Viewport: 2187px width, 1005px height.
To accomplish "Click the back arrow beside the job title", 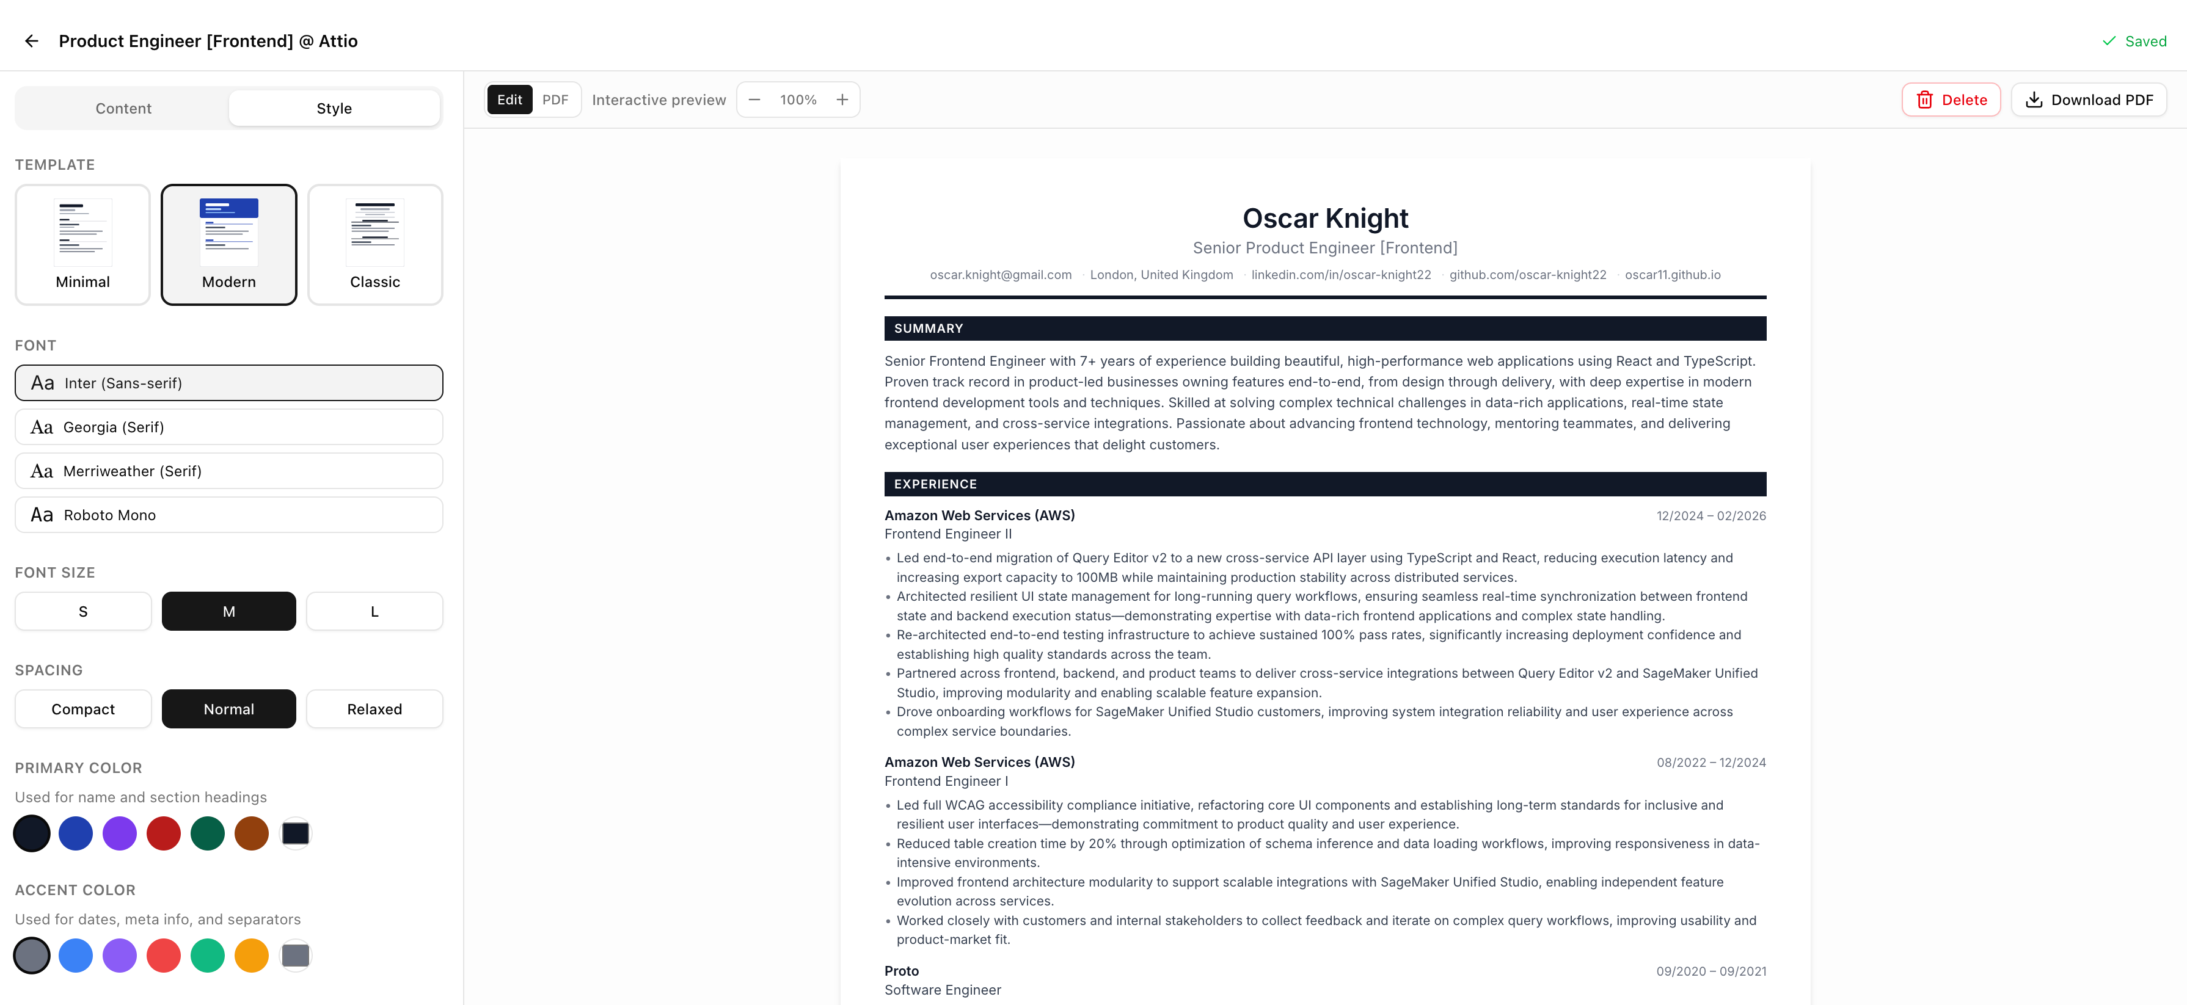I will [31, 41].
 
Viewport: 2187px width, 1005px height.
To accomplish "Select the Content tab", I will [123, 108].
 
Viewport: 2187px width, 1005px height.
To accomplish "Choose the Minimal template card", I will [82, 244].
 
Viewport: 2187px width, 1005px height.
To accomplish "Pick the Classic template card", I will [374, 244].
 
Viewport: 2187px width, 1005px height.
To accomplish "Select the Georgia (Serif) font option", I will [228, 427].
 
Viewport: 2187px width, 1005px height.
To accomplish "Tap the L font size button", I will [374, 611].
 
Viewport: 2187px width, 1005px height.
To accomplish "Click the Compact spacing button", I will [83, 709].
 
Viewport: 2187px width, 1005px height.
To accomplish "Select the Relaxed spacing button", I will [374, 709].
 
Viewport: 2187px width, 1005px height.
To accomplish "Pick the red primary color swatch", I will [163, 833].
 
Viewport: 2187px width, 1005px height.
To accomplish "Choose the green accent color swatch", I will [207, 956].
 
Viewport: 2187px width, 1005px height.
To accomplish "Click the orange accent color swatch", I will [251, 956].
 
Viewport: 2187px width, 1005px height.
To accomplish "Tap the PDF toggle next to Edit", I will [555, 100].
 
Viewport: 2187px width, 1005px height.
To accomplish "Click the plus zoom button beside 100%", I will [842, 100].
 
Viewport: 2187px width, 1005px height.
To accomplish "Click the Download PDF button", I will [2089, 100].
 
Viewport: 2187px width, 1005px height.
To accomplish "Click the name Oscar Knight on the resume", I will [1324, 218].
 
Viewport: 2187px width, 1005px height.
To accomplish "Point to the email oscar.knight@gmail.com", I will [1000, 275].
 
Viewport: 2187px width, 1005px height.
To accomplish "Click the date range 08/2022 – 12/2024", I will [1711, 762].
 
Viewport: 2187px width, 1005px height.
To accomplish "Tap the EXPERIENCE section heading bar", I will [1324, 484].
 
